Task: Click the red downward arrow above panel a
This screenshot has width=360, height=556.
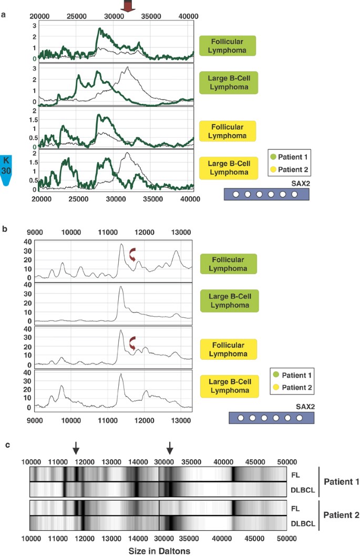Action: [x=127, y=6]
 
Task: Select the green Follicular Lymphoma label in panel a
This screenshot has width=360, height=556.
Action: [x=228, y=46]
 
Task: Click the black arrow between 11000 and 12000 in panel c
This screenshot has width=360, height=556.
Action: [x=76, y=448]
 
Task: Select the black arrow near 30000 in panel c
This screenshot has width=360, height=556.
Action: [x=169, y=448]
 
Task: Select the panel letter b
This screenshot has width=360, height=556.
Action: [x=4, y=229]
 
